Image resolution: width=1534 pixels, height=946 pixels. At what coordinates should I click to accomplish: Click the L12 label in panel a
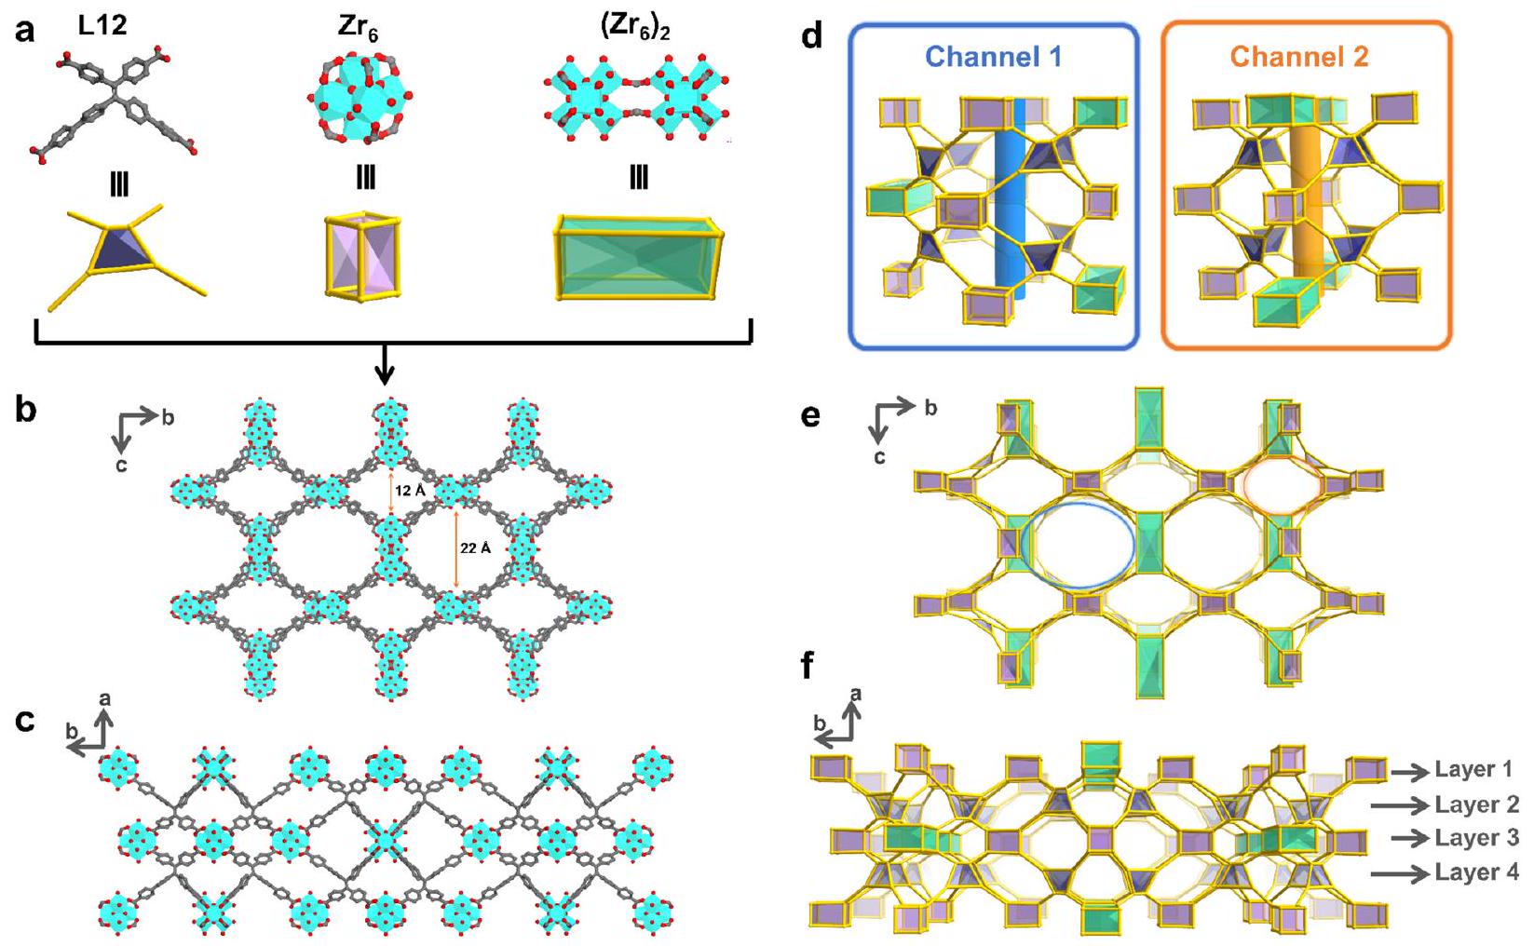pos(102,25)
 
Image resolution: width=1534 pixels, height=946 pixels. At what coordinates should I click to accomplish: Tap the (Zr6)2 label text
pos(635,28)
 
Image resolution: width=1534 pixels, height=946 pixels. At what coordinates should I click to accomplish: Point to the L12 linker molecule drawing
pos(116,101)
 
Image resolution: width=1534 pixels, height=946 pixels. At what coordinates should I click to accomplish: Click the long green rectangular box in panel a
pos(639,257)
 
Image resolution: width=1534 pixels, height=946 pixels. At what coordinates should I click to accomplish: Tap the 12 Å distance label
pos(410,491)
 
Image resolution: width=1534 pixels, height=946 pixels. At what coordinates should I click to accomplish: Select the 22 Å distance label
pos(475,548)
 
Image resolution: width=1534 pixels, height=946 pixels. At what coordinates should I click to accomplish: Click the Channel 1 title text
pos(993,58)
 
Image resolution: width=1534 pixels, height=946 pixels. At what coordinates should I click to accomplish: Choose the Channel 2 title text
pos(1299,58)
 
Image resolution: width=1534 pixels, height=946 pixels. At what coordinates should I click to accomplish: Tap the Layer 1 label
pos(1473,769)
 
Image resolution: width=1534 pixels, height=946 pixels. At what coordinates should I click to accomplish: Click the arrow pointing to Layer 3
pos(1410,838)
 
